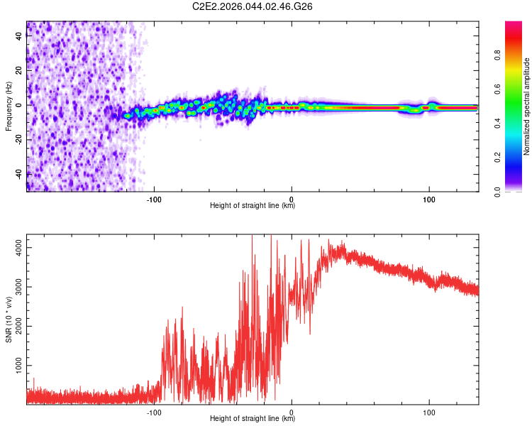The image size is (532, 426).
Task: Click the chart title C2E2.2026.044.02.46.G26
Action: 253,6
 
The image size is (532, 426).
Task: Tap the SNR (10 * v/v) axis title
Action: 9,319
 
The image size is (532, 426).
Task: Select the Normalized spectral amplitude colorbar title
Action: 526,106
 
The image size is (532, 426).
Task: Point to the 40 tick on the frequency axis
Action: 19,36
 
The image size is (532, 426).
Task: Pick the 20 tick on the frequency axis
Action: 19,70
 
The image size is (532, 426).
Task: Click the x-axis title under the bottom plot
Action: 253,419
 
